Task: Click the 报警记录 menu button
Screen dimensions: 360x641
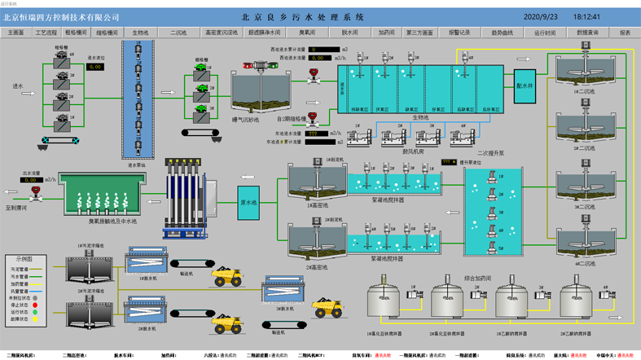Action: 459,33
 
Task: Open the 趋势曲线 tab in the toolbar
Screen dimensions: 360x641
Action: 502,33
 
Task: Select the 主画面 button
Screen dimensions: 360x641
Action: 16,33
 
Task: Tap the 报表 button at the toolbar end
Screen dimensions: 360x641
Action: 625,33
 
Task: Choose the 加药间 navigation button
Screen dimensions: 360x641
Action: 387,33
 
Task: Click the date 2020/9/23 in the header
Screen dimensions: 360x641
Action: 541,17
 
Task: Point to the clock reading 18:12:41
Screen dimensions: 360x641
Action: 586,17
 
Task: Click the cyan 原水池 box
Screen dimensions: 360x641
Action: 248,202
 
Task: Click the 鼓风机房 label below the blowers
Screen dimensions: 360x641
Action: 414,151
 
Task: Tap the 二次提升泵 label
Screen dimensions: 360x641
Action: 490,152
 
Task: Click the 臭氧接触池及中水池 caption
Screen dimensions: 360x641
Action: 112,221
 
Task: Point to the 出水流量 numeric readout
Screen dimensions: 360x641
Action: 30,179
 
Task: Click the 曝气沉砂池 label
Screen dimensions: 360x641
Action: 245,120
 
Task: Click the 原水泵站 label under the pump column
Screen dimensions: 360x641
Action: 138,165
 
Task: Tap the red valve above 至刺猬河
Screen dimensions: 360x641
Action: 35,193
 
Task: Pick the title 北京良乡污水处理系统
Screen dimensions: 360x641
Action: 303,17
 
